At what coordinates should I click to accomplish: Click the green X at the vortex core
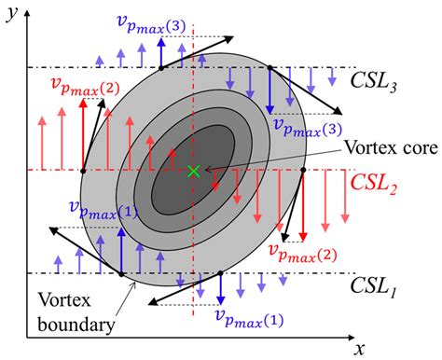[193, 171]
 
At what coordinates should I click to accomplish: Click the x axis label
[358, 349]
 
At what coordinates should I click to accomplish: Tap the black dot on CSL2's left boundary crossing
[83, 171]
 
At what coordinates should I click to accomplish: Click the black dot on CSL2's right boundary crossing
[304, 171]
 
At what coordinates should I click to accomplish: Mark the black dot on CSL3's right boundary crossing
[269, 67]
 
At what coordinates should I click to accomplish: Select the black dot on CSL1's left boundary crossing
[122, 273]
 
